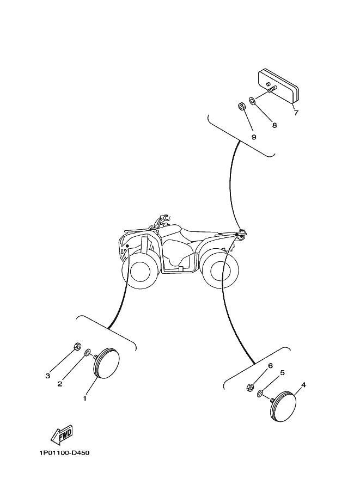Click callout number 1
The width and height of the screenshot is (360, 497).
click(84, 398)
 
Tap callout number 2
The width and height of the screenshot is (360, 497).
click(59, 384)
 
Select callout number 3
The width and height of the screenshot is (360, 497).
click(47, 376)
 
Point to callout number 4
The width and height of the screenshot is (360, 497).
click(303, 385)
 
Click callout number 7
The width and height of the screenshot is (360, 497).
click(296, 113)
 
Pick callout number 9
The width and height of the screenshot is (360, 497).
click(254, 137)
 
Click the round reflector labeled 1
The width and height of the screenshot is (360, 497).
click(106, 363)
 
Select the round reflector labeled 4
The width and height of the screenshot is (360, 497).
click(283, 407)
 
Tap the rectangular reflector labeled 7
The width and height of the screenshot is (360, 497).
click(279, 87)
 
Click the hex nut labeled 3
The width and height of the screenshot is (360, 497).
click(77, 346)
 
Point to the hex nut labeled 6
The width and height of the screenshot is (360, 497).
click(250, 387)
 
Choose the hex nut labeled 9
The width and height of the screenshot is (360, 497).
click(241, 107)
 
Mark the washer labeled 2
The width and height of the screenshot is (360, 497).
click(87, 352)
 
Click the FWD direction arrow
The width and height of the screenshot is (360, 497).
click(62, 434)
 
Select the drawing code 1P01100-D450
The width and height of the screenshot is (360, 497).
click(64, 452)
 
